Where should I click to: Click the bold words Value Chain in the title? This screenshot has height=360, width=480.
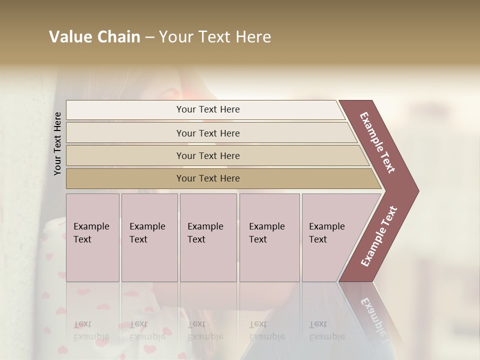pos(94,37)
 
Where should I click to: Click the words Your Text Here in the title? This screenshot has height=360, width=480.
pos(215,37)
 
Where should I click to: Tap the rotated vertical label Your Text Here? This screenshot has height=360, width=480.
pos(57,143)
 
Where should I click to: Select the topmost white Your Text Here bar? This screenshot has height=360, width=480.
pos(207,109)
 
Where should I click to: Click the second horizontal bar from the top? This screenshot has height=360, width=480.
pos(207,133)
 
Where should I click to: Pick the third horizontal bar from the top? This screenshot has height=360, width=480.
pos(207,155)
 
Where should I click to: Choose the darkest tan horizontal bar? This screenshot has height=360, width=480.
pos(207,178)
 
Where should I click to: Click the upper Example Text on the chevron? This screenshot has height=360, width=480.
pos(378,142)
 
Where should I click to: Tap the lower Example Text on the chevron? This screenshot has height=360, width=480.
pos(379,236)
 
